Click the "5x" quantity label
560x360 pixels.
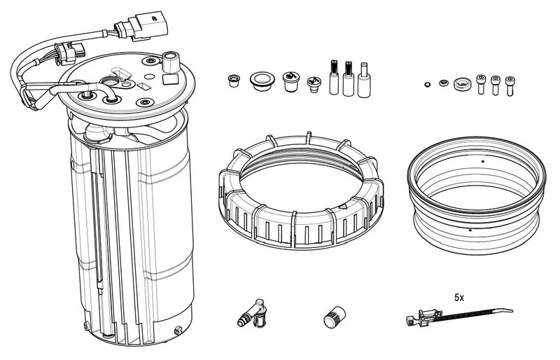[x=459, y=298]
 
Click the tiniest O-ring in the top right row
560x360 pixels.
[x=428, y=85]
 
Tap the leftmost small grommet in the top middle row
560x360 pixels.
[x=232, y=79]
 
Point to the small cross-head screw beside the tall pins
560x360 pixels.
[x=314, y=84]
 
